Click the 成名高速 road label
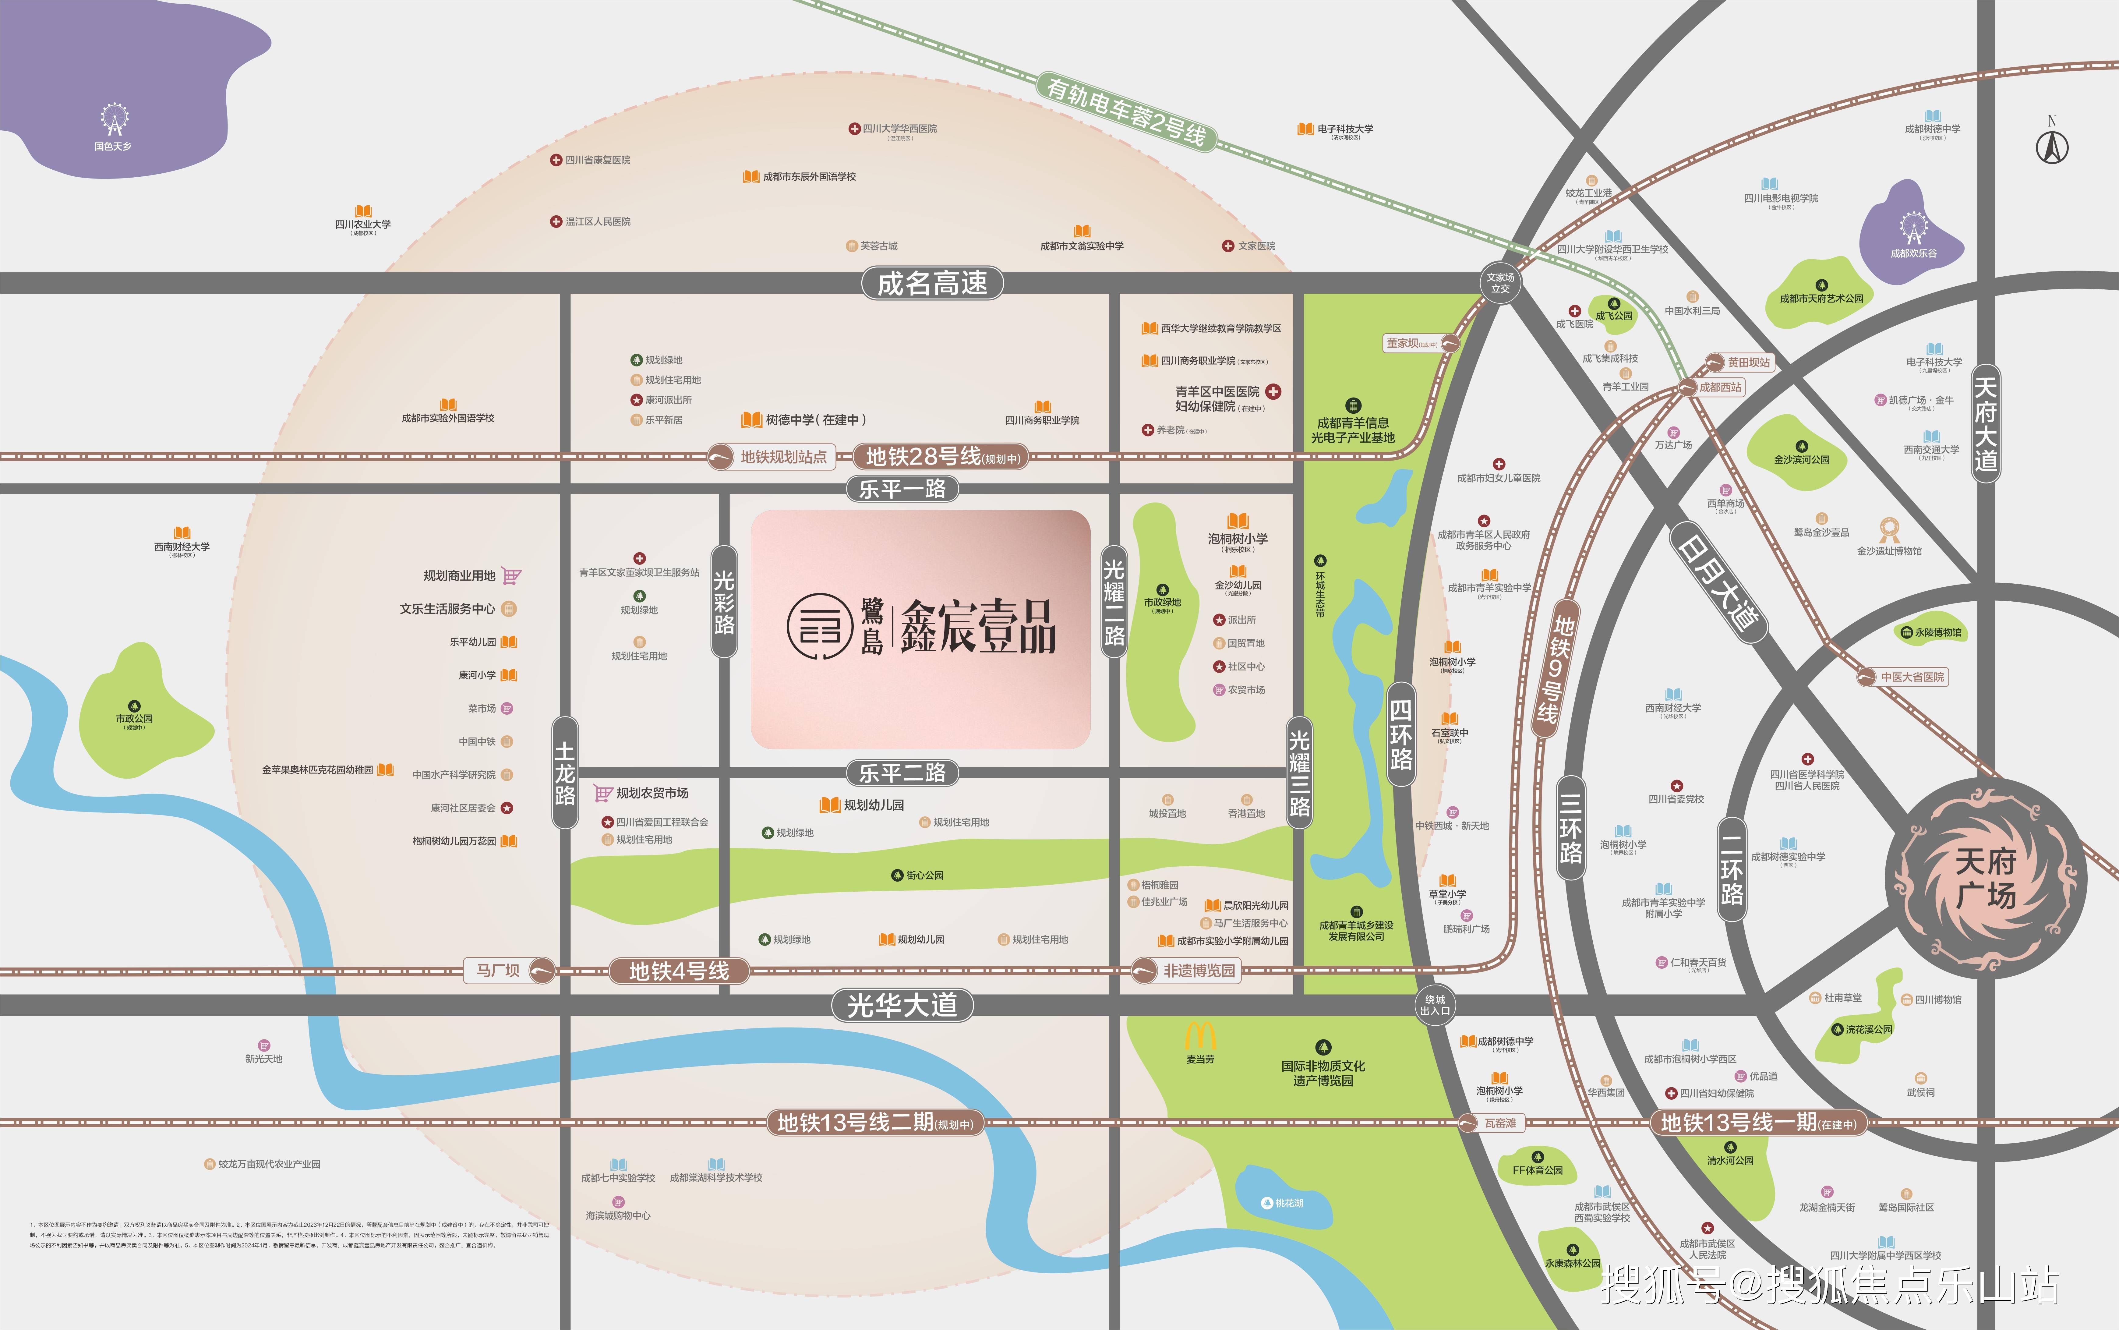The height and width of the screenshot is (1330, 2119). pos(932,283)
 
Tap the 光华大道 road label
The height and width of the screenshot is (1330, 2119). pos(902,1005)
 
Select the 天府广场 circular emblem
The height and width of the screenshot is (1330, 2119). pos(1985,878)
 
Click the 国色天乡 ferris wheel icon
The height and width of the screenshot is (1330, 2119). pos(113,119)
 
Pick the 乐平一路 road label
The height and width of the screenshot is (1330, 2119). pos(902,489)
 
